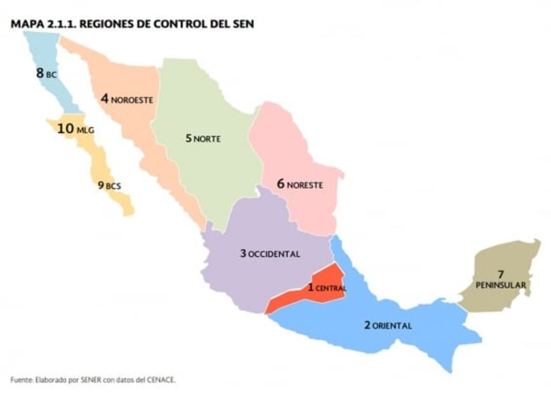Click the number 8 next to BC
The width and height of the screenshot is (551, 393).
coord(40,73)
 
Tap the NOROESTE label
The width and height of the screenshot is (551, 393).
coord(133,100)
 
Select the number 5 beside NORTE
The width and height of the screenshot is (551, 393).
coord(189,138)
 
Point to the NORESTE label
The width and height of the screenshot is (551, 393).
coord(305,186)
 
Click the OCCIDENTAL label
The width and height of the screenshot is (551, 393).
coord(274,254)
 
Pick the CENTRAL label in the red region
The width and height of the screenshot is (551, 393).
coord(331,288)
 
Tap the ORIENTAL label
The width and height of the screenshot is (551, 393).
coord(392,326)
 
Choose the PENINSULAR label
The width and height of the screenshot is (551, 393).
coord(501,285)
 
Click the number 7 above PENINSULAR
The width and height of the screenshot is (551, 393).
coord(501,274)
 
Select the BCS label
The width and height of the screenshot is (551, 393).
coord(113,186)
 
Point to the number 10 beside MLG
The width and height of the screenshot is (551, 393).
coord(65,129)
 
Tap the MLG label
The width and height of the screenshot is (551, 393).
coord(85,131)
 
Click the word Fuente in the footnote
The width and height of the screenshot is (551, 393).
coord(21,380)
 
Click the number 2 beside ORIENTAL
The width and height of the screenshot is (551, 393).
coord(367,325)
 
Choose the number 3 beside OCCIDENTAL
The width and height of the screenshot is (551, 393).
coord(242,254)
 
